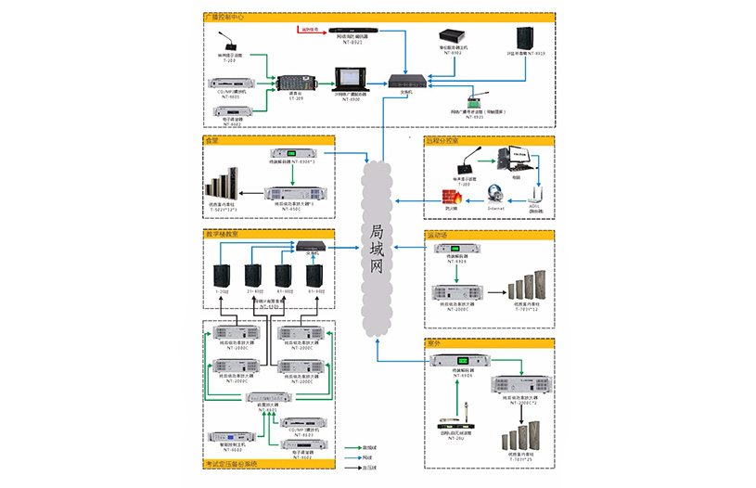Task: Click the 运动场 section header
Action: pos(437,235)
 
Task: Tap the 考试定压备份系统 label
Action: pos(231,464)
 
